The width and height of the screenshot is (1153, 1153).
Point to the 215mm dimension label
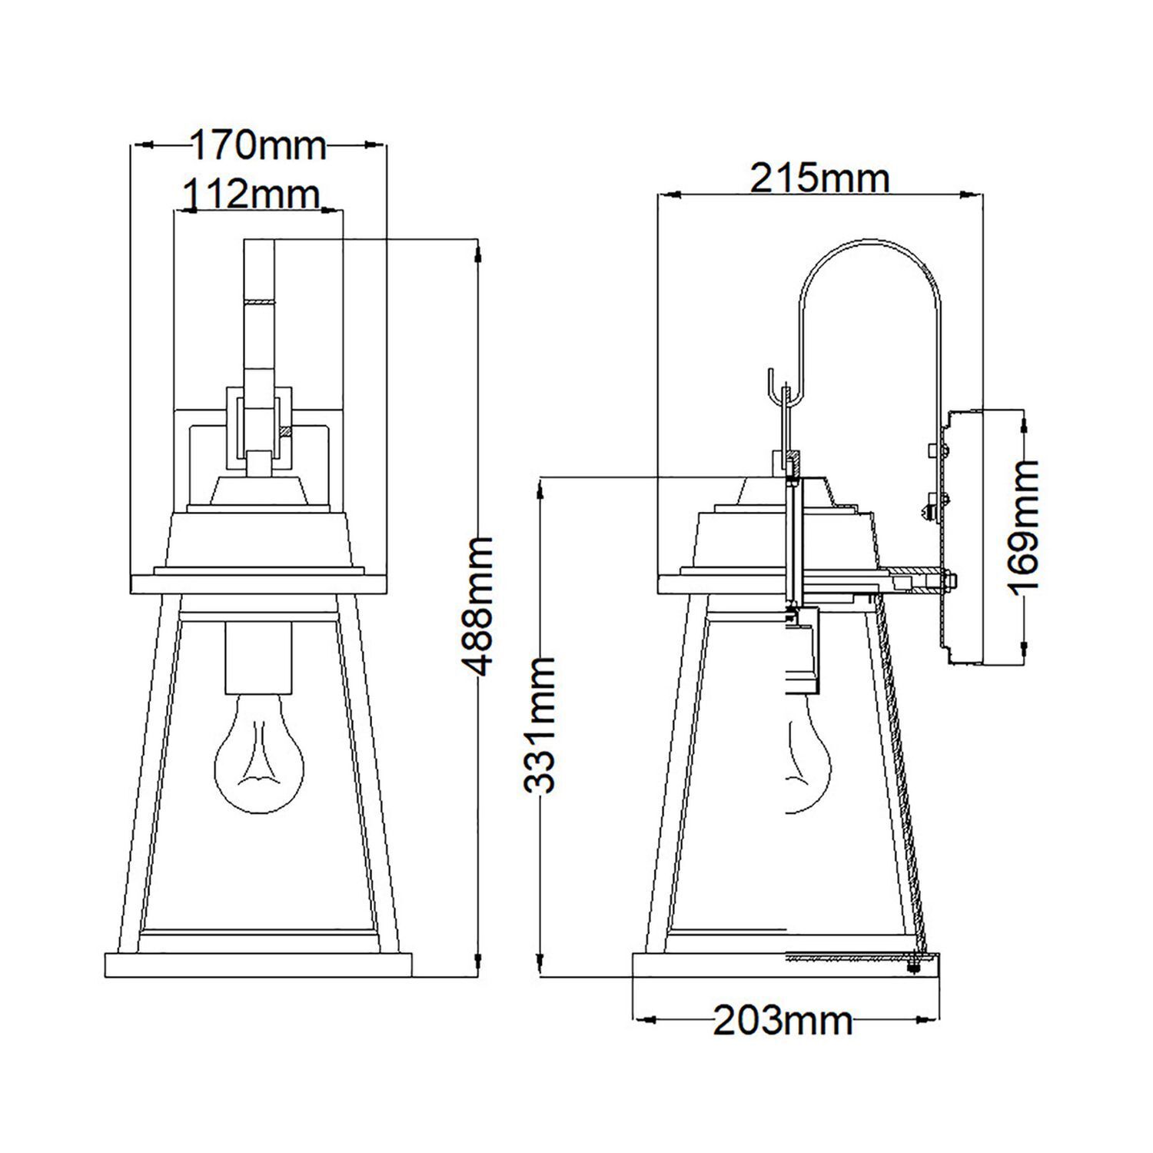pyautogui.click(x=819, y=180)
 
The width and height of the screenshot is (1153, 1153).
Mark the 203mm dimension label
pyautogui.click(x=783, y=1022)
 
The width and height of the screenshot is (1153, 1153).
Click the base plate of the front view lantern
pyautogui.click(x=258, y=965)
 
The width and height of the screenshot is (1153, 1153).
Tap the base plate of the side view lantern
pyautogui.click(x=784, y=965)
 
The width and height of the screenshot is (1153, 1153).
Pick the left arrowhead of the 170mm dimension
pyautogui.click(x=141, y=145)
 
